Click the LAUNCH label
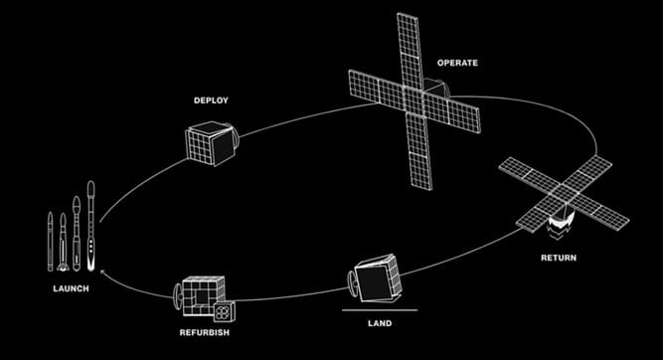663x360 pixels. pos(71,289)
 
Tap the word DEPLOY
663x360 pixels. pos(211,100)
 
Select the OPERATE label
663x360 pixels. pos(457,63)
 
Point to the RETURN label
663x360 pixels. pos(559,258)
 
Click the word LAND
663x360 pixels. pos(380,323)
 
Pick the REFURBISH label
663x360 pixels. pos(205,332)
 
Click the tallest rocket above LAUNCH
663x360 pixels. pos(90,226)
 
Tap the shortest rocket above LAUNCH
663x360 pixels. pos(51,241)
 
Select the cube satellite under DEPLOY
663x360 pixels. pos(213,143)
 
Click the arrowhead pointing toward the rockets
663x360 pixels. pos(102,272)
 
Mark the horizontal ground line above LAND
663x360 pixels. pos(380,310)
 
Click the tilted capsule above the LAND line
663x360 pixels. pos(375,278)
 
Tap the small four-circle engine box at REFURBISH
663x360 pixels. pos(224,312)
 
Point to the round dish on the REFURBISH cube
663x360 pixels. pos(178,296)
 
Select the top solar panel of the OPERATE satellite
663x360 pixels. pos(410,51)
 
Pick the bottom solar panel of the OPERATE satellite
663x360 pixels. pos(419,151)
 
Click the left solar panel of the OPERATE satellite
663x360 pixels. pos(377,88)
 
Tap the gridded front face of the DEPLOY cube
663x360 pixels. pos(199,146)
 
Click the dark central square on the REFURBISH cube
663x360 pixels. pos(202,297)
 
